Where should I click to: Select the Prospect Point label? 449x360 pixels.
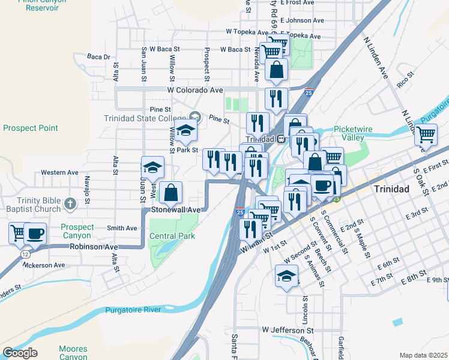[31, 128]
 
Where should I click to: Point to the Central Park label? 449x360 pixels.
[172, 236]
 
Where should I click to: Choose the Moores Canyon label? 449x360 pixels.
[73, 353]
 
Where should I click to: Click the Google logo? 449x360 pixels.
[20, 353]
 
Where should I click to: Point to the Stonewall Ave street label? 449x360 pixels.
[175, 210]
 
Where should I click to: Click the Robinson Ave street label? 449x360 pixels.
[94, 247]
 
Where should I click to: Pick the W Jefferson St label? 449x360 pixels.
[288, 330]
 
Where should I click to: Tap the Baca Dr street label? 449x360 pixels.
[99, 57]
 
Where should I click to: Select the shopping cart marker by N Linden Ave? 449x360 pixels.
[426, 134]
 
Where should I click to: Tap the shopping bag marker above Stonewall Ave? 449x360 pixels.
[171, 193]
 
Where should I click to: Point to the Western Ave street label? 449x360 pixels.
[60, 172]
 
